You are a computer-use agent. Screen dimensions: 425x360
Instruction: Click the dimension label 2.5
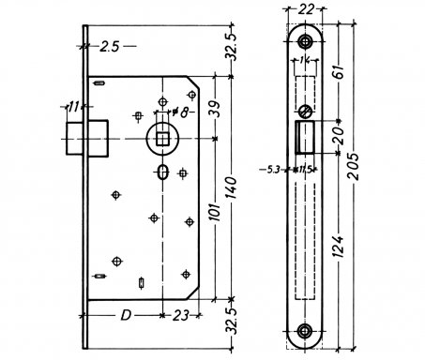point(110,47)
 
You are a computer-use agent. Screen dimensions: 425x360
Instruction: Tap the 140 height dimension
point(232,187)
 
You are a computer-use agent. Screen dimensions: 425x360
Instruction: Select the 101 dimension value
point(215,212)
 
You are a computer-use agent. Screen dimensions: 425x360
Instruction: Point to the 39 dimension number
point(215,109)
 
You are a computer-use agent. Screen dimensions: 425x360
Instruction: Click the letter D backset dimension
point(126,316)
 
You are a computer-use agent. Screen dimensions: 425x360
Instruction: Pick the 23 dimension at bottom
point(181,316)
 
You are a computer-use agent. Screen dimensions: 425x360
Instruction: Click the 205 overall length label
point(354,167)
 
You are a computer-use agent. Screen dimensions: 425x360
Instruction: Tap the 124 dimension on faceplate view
point(338,247)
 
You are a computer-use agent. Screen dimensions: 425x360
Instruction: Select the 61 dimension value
point(338,72)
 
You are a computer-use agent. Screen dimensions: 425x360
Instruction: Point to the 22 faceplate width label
point(305,9)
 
